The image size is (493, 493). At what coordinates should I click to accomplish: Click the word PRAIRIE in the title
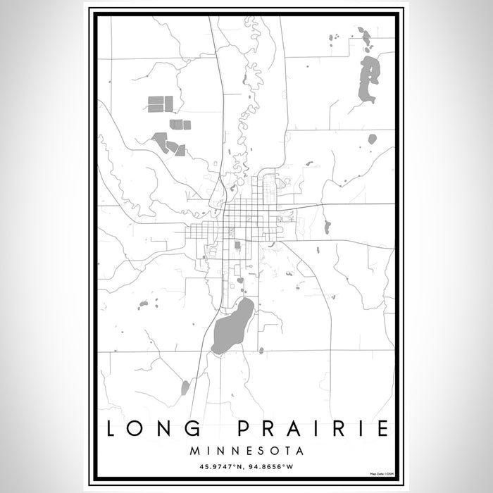tap(316, 428)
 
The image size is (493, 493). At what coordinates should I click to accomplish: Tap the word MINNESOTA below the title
tap(246, 449)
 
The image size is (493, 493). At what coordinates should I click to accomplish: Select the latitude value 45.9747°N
tap(214, 465)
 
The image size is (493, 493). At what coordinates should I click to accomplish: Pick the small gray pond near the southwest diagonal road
tap(185, 387)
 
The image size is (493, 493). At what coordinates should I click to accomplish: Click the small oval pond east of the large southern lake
tap(261, 350)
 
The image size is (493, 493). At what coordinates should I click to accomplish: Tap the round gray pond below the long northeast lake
tap(372, 139)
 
